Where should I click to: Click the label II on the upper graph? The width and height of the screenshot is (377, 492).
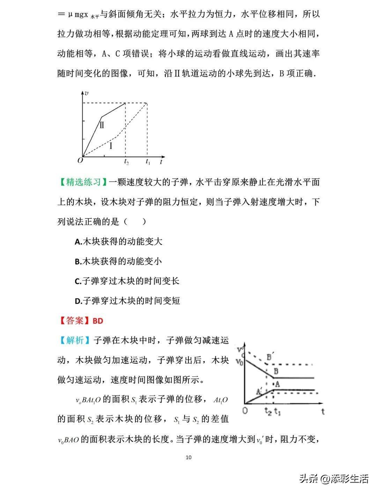[x=102, y=125]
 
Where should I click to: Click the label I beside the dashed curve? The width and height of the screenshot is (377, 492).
[x=111, y=145]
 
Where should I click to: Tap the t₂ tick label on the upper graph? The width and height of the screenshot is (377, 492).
[x=126, y=162]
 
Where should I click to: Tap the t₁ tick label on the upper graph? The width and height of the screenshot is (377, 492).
[x=148, y=162]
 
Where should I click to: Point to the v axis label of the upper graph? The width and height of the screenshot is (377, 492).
[x=87, y=93]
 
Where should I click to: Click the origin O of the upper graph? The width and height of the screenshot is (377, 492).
[x=80, y=160]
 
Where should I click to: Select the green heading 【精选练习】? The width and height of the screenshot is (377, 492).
[x=83, y=182]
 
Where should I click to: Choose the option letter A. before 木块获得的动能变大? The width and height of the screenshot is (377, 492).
[x=78, y=242]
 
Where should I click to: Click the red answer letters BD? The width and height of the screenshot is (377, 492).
[x=98, y=321]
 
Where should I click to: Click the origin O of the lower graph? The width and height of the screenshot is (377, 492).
[x=245, y=411]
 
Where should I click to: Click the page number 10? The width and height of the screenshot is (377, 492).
[x=189, y=457]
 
